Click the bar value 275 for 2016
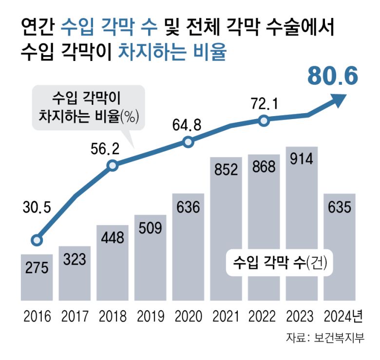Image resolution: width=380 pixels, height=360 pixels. pyautogui.click(x=37, y=268)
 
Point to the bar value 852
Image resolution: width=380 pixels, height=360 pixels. pyautogui.click(x=226, y=169)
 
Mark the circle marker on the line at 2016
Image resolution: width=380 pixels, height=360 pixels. pyautogui.click(x=37, y=240)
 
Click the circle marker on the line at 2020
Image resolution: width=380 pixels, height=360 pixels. pyautogui.click(x=188, y=142)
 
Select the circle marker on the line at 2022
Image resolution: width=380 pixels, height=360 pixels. pyautogui.click(x=264, y=120)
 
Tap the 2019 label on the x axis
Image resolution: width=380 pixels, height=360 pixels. pyautogui.click(x=151, y=317)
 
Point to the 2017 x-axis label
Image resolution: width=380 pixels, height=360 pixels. pyautogui.click(x=75, y=317)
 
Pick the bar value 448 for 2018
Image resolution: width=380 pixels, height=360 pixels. pyautogui.click(x=113, y=238)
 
